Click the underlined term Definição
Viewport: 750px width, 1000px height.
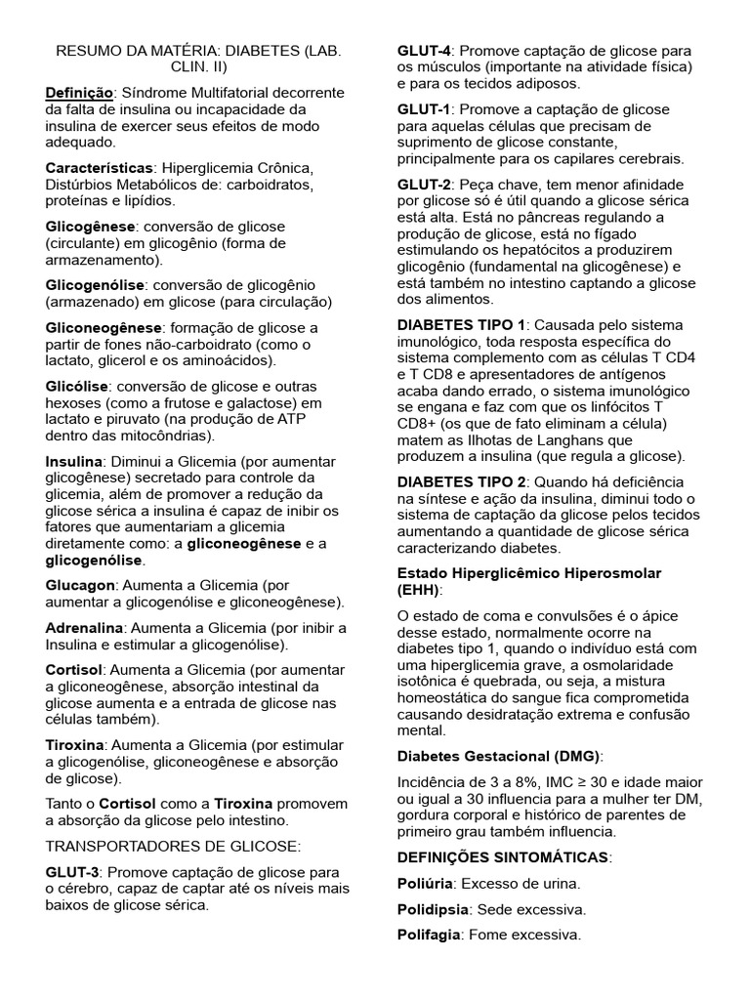[x=80, y=93]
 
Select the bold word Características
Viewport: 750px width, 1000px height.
[x=99, y=168]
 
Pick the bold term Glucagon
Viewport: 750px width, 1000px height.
[x=79, y=585]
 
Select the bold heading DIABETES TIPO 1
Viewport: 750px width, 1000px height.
[x=461, y=324]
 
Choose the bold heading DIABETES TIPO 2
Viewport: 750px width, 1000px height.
[x=461, y=482]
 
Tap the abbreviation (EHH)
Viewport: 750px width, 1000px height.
[x=419, y=590]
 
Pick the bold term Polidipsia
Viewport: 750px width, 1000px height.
[x=433, y=908]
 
